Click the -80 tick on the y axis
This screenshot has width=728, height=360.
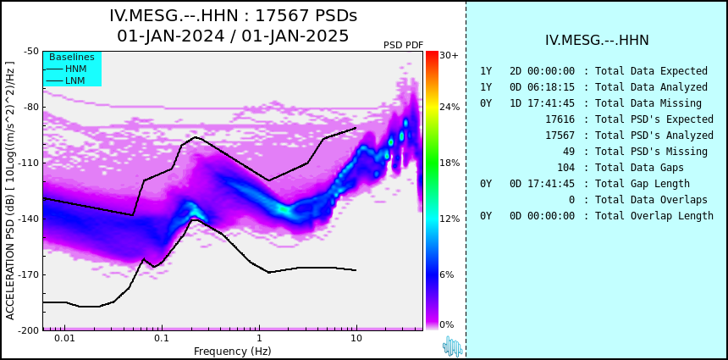[31, 108]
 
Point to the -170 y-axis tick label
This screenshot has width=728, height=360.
[30, 275]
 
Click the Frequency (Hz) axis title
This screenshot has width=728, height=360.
[233, 351]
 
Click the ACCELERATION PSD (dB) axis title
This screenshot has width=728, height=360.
[10, 191]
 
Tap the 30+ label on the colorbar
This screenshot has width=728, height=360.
[449, 55]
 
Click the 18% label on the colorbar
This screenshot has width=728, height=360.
[449, 163]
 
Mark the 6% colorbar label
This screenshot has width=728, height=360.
[447, 275]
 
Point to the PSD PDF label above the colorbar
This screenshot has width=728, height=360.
[404, 45]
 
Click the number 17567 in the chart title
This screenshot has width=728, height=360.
[280, 16]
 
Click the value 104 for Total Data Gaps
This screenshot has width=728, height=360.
[565, 168]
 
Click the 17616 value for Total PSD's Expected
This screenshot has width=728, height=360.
[560, 119]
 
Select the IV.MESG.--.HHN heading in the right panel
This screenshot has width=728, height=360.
[597, 41]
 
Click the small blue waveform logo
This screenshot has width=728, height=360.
[452, 346]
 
